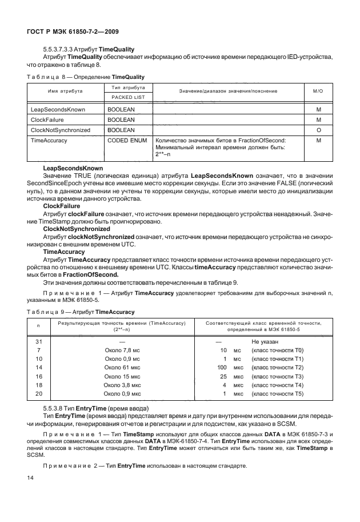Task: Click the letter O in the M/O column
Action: click(x=319, y=130)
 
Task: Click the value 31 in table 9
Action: click(x=38, y=341)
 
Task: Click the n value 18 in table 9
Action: click(x=38, y=385)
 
